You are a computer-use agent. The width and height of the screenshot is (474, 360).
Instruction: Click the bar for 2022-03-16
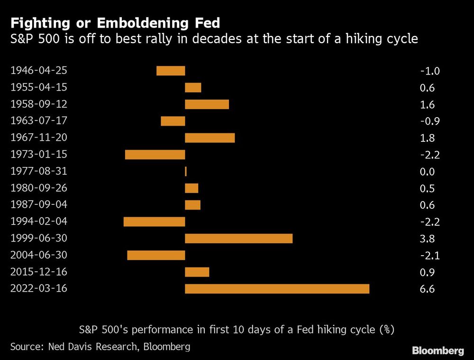pyautogui.click(x=277, y=289)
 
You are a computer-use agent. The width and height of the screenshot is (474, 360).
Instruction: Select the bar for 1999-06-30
pyautogui.click(x=238, y=239)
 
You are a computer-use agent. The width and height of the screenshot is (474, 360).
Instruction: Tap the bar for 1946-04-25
pyautogui.click(x=171, y=71)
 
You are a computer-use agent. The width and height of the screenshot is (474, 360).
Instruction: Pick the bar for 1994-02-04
pyautogui.click(x=154, y=222)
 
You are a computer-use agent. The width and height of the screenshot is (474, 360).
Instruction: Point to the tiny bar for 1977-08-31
pyautogui.click(x=186, y=171)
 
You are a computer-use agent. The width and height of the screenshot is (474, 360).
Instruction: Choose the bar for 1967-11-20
pyautogui.click(x=210, y=138)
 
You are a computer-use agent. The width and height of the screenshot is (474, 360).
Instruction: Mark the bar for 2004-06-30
pyautogui.click(x=156, y=255)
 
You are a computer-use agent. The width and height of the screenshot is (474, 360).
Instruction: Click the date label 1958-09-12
pyautogui.click(x=38, y=104)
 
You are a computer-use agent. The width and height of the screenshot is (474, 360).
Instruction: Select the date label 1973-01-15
pyautogui.click(x=38, y=154)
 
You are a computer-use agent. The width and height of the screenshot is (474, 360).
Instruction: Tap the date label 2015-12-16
pyautogui.click(x=38, y=272)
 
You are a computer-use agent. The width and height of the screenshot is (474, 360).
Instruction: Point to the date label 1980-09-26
pyautogui.click(x=38, y=188)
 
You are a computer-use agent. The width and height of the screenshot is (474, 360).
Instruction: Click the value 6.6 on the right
pyautogui.click(x=427, y=289)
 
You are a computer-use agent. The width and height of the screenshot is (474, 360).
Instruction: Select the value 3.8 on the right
pyautogui.click(x=427, y=239)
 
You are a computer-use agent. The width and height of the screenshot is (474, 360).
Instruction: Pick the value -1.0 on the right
pyautogui.click(x=430, y=71)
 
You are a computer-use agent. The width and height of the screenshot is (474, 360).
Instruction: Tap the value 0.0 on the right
pyautogui.click(x=427, y=172)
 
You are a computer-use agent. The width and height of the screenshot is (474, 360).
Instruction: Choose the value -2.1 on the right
pyautogui.click(x=430, y=256)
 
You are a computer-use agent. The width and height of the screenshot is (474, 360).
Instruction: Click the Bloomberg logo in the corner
pyautogui.click(x=438, y=351)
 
